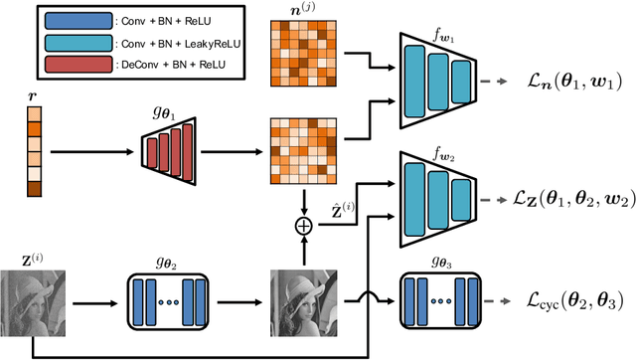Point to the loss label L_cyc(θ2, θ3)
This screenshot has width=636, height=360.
568,298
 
